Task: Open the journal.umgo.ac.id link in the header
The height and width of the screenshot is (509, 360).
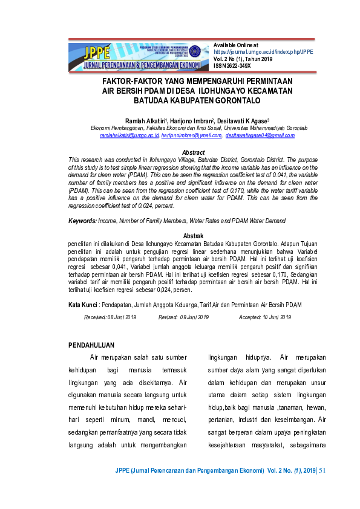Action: (263, 52)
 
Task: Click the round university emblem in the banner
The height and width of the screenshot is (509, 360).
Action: (195, 51)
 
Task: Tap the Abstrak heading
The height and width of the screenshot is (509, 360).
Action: (193, 236)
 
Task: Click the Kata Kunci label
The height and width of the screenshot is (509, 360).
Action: (83, 305)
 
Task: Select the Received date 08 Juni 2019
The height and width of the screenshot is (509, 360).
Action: (110, 317)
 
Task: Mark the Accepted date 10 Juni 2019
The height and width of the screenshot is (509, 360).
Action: (265, 317)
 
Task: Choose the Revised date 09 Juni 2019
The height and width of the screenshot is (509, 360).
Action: (183, 317)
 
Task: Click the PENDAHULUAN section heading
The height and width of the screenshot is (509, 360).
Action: (92, 345)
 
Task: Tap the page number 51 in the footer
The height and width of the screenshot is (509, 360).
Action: (321, 470)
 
